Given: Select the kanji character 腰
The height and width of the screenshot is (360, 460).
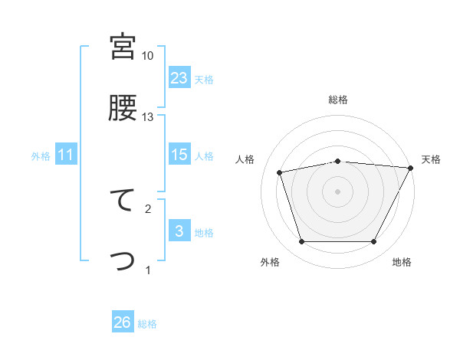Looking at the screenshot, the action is point(123,108).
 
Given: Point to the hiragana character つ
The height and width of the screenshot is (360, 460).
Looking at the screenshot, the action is point(123,261).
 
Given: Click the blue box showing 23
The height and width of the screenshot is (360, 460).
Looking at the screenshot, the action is point(179,77).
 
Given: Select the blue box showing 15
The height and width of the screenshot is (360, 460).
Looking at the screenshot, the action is point(179,155).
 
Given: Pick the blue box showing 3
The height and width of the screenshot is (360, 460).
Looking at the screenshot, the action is point(179,231).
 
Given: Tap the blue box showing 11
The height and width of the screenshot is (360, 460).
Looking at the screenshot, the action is point(65,155).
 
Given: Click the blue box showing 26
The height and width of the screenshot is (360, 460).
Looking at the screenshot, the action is point(123,322).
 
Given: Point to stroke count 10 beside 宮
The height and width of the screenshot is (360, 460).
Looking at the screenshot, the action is point(147,56).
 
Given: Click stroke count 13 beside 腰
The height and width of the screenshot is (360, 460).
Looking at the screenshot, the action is point(147,116).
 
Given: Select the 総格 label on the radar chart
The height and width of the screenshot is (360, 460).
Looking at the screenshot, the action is point(337,100).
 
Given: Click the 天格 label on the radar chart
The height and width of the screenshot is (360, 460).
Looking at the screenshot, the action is point(431,159).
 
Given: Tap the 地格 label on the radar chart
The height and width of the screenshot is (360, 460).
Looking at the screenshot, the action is point(402,262).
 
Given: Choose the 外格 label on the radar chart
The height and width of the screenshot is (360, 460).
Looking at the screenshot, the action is point(270,262).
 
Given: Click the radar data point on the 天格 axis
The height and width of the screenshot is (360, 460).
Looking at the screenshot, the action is point(411,168).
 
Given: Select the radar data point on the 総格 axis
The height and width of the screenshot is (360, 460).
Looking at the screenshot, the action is point(337,161).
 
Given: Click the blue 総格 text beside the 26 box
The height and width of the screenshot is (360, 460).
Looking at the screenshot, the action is point(147,324).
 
